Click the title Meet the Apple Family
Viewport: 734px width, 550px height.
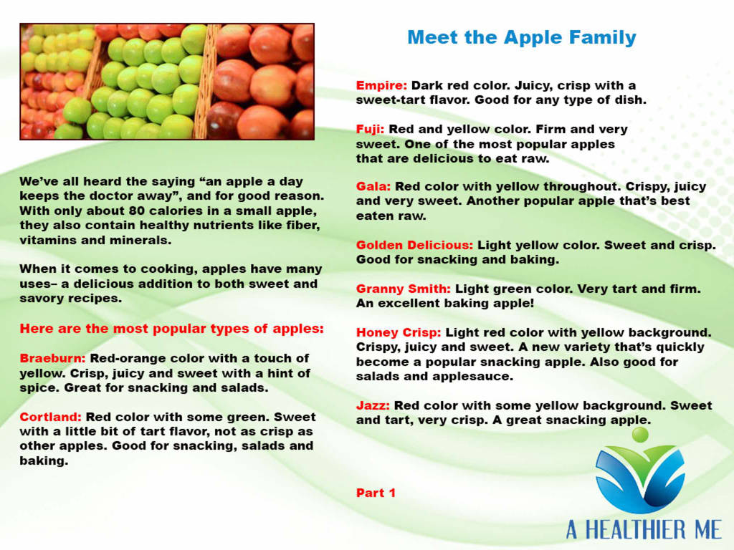[x=522, y=37]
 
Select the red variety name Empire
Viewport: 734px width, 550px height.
[x=381, y=86]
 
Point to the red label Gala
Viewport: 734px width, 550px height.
[x=373, y=187]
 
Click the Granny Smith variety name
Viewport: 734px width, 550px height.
[x=404, y=289]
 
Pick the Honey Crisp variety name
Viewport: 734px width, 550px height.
[x=399, y=333]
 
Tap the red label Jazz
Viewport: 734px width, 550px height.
[x=373, y=405]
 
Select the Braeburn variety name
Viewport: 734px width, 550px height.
[x=52, y=358]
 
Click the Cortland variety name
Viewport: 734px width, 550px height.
[x=51, y=417]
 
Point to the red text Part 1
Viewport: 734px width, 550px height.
[x=376, y=493]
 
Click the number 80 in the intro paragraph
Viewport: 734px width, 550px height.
[x=137, y=211]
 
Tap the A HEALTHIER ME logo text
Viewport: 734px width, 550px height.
[x=644, y=530]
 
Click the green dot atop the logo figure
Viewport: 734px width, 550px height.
[x=640, y=435]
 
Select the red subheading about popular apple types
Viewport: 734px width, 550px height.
[x=172, y=329]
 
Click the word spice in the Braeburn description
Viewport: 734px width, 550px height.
[x=40, y=388]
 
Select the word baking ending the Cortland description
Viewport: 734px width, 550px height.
[x=44, y=461]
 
